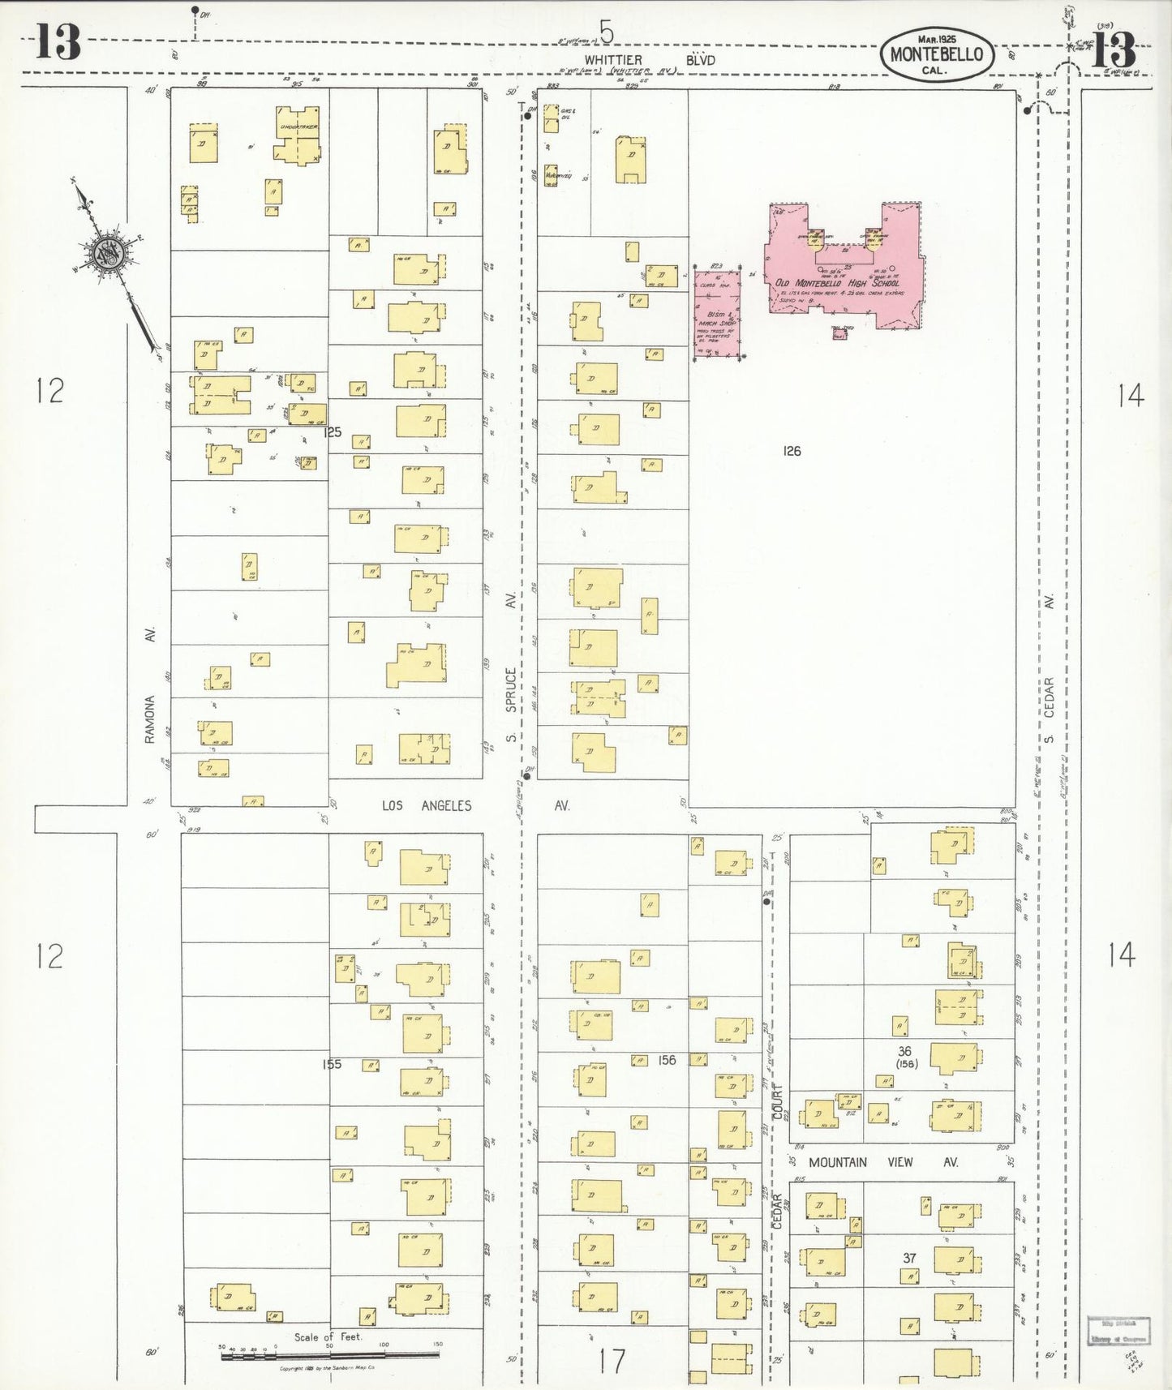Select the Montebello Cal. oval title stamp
tap(937, 54)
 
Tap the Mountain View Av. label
tap(882, 1162)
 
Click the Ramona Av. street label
tap(149, 685)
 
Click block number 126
tap(792, 451)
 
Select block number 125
tap(333, 433)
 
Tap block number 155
tap(331, 1064)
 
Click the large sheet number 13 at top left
tap(58, 42)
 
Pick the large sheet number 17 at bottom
tap(612, 1361)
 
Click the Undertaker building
tap(298, 135)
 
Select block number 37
tap(909, 1258)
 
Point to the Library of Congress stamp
tap(1118, 1331)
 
